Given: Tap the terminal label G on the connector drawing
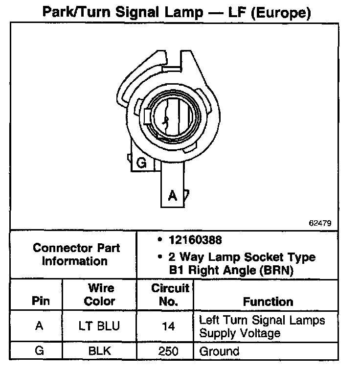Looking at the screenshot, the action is (142, 163).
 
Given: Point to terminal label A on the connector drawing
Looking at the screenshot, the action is (172, 196).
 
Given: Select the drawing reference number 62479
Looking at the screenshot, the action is (320, 223).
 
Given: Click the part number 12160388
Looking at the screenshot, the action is (195, 240).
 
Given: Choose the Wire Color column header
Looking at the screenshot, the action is (99, 294).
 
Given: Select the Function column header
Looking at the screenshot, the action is (268, 301).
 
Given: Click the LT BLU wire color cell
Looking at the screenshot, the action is (99, 326).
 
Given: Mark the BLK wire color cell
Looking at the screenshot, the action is (99, 351).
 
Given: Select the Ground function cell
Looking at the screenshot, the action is (219, 351).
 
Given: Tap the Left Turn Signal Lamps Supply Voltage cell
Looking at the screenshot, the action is (262, 326).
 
